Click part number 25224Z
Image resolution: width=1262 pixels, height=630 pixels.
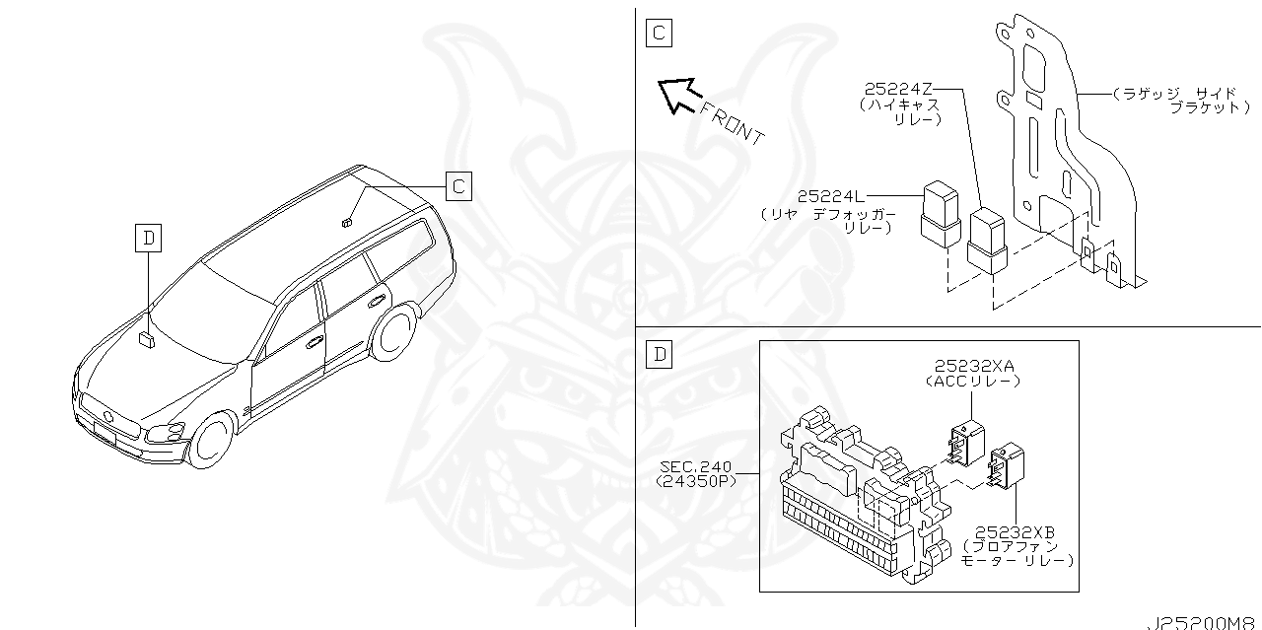[x=899, y=87]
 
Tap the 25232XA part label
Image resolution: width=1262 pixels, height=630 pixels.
[x=969, y=367]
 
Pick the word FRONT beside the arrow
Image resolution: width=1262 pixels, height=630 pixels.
[x=731, y=121]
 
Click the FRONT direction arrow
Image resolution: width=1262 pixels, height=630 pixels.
[x=677, y=95]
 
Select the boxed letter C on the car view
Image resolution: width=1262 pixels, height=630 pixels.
[x=458, y=185]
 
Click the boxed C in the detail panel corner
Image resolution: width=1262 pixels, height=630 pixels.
[x=658, y=33]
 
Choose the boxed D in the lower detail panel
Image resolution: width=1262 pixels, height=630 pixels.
[x=660, y=353]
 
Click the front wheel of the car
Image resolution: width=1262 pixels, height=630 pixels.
[x=212, y=440]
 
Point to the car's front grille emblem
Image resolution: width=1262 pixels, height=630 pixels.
[x=108, y=418]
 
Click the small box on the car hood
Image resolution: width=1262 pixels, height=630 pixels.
[x=148, y=338]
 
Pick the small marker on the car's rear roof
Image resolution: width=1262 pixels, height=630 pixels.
[x=347, y=222]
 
